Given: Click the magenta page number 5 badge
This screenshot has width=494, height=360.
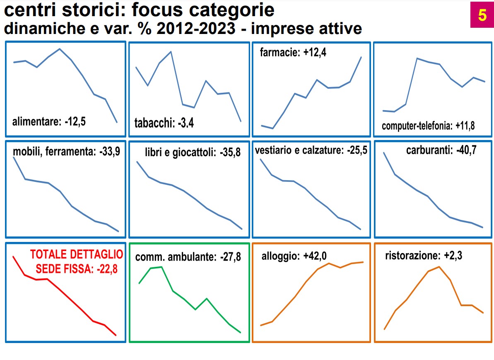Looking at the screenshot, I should (x=482, y=15).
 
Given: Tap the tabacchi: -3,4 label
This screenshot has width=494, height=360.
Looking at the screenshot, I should (x=164, y=123).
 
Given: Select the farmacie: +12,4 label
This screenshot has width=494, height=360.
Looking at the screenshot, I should (x=293, y=53).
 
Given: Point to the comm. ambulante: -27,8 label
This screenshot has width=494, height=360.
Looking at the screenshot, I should (x=188, y=257).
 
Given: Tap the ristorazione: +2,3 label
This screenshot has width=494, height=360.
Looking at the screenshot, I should (x=424, y=256).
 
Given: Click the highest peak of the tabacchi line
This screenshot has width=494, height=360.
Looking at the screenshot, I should (x=171, y=52).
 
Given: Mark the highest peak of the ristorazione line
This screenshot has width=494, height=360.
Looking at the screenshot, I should (x=439, y=267).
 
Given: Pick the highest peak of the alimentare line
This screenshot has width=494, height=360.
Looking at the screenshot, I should (x=60, y=49).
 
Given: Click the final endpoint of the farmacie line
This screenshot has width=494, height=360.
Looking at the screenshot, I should (x=361, y=57).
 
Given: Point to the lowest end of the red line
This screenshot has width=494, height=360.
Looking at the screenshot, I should (x=116, y=335).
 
